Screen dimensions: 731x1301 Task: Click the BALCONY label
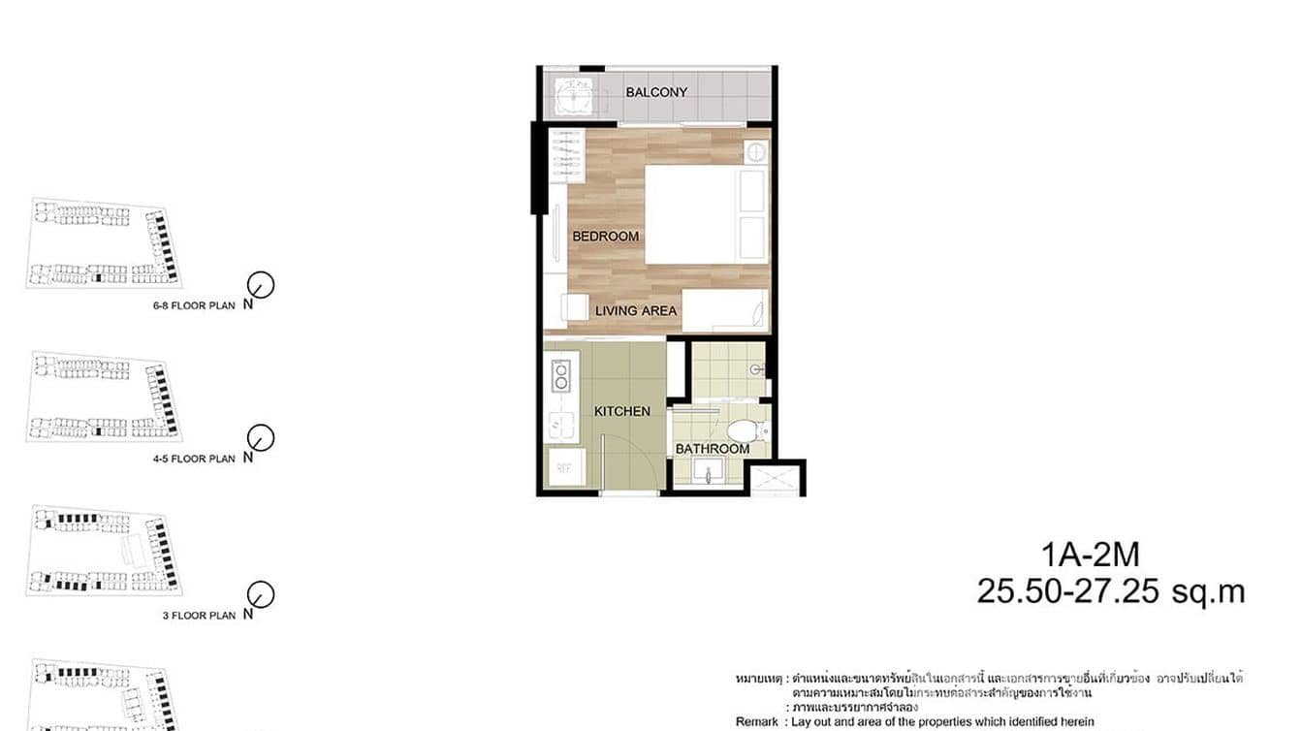[656, 92]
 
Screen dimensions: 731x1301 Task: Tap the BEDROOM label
[605, 237]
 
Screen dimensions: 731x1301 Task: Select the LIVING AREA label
[636, 311]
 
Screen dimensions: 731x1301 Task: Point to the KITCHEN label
[621, 412]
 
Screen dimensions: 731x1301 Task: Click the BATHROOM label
[713, 449]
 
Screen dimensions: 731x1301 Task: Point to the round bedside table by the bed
[756, 152]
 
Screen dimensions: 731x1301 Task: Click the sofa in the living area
[725, 310]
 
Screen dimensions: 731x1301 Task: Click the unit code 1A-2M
[1091, 555]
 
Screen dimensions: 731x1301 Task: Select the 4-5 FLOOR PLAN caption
[194, 459]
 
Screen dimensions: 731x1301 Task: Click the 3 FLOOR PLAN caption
[199, 615]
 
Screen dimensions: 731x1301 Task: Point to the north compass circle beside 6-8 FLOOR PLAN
[261, 284]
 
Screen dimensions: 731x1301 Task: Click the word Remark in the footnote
[756, 721]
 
